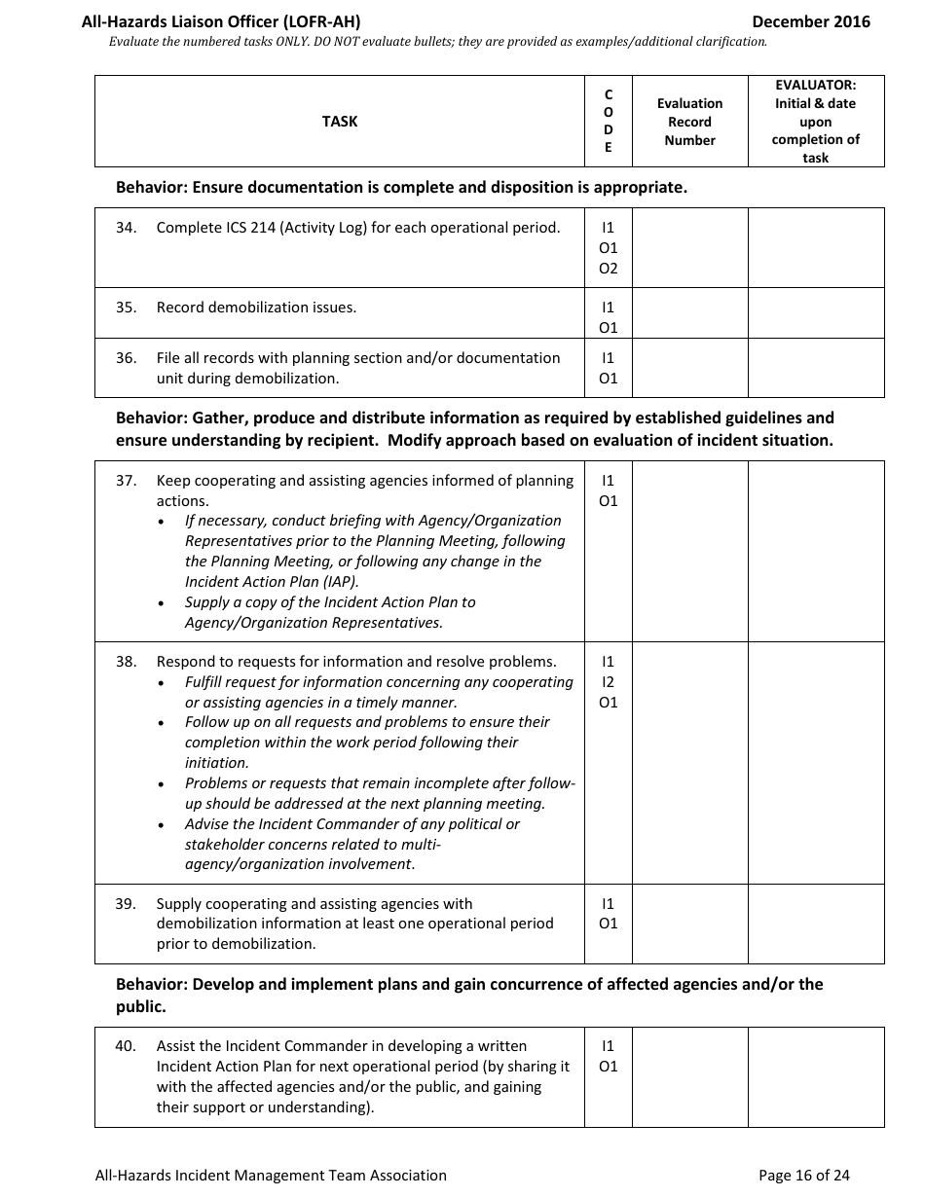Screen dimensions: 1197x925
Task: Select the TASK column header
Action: pos(340,122)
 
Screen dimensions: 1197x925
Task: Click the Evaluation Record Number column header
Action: pos(689,122)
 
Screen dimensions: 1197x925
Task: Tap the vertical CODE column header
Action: pos(609,122)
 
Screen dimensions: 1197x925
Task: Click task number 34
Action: pos(126,228)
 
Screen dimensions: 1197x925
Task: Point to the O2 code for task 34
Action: pos(609,269)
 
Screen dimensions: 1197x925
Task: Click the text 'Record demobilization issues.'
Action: pos(256,308)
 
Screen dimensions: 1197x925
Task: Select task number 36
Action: pos(126,358)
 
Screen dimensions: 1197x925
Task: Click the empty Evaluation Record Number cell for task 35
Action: pos(689,312)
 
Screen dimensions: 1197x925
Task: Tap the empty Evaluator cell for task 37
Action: pos(816,551)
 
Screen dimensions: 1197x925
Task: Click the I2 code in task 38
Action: pos(609,682)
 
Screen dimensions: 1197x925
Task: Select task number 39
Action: pos(126,904)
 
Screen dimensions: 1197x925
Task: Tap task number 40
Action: pos(126,1046)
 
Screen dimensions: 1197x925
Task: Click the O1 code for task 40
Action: pos(609,1067)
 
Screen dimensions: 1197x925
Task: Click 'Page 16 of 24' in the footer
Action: pos(803,1175)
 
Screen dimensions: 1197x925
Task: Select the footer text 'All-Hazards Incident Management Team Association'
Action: pos(271,1175)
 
